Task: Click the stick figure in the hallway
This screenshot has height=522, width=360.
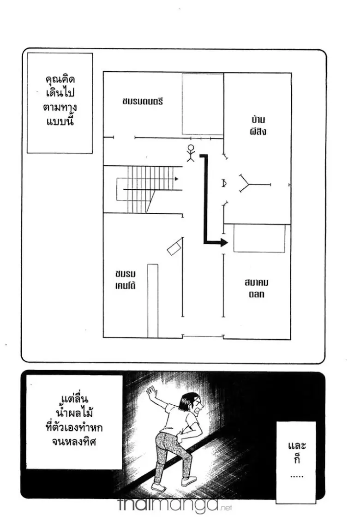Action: tap(190, 153)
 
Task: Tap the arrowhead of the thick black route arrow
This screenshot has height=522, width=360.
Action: tap(224, 243)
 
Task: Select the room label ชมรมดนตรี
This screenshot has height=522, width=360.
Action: tap(143, 101)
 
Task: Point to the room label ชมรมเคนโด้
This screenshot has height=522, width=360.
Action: tap(126, 279)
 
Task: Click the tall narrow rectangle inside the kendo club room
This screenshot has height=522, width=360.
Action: tap(152, 300)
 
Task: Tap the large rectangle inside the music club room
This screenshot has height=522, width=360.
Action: tap(203, 104)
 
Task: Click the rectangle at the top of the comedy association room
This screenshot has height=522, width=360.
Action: tap(259, 239)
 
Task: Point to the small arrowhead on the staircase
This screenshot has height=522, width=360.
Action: tap(177, 178)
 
